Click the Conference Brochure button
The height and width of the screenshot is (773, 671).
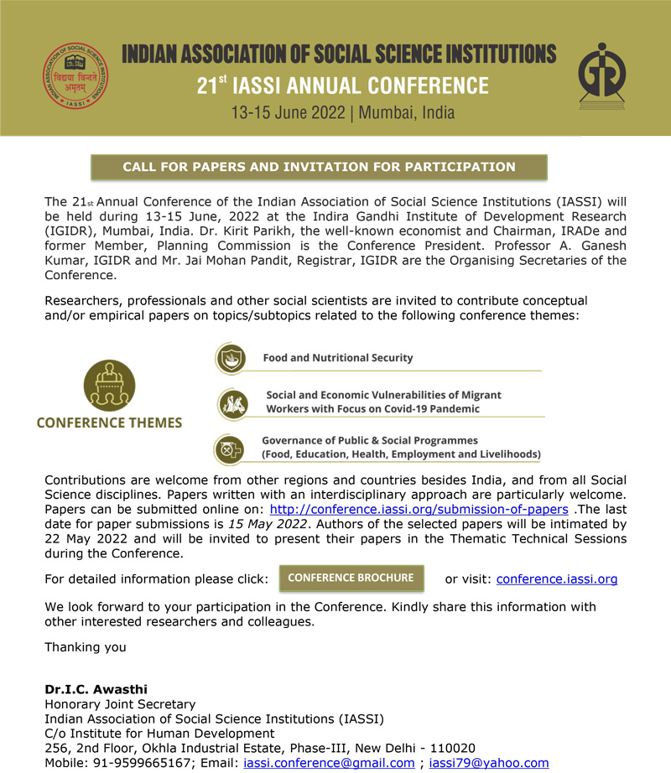351,578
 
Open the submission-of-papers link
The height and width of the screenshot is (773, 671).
419,510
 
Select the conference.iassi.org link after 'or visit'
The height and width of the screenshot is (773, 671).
557,579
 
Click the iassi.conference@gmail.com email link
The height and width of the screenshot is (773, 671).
329,763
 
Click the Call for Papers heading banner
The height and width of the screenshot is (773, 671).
319,167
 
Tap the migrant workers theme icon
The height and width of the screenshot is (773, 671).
232,403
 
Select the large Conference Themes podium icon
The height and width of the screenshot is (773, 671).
109,385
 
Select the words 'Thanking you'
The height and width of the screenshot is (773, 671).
86,647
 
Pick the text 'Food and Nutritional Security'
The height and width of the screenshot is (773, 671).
338,358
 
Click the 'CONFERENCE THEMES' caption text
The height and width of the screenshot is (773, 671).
109,423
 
